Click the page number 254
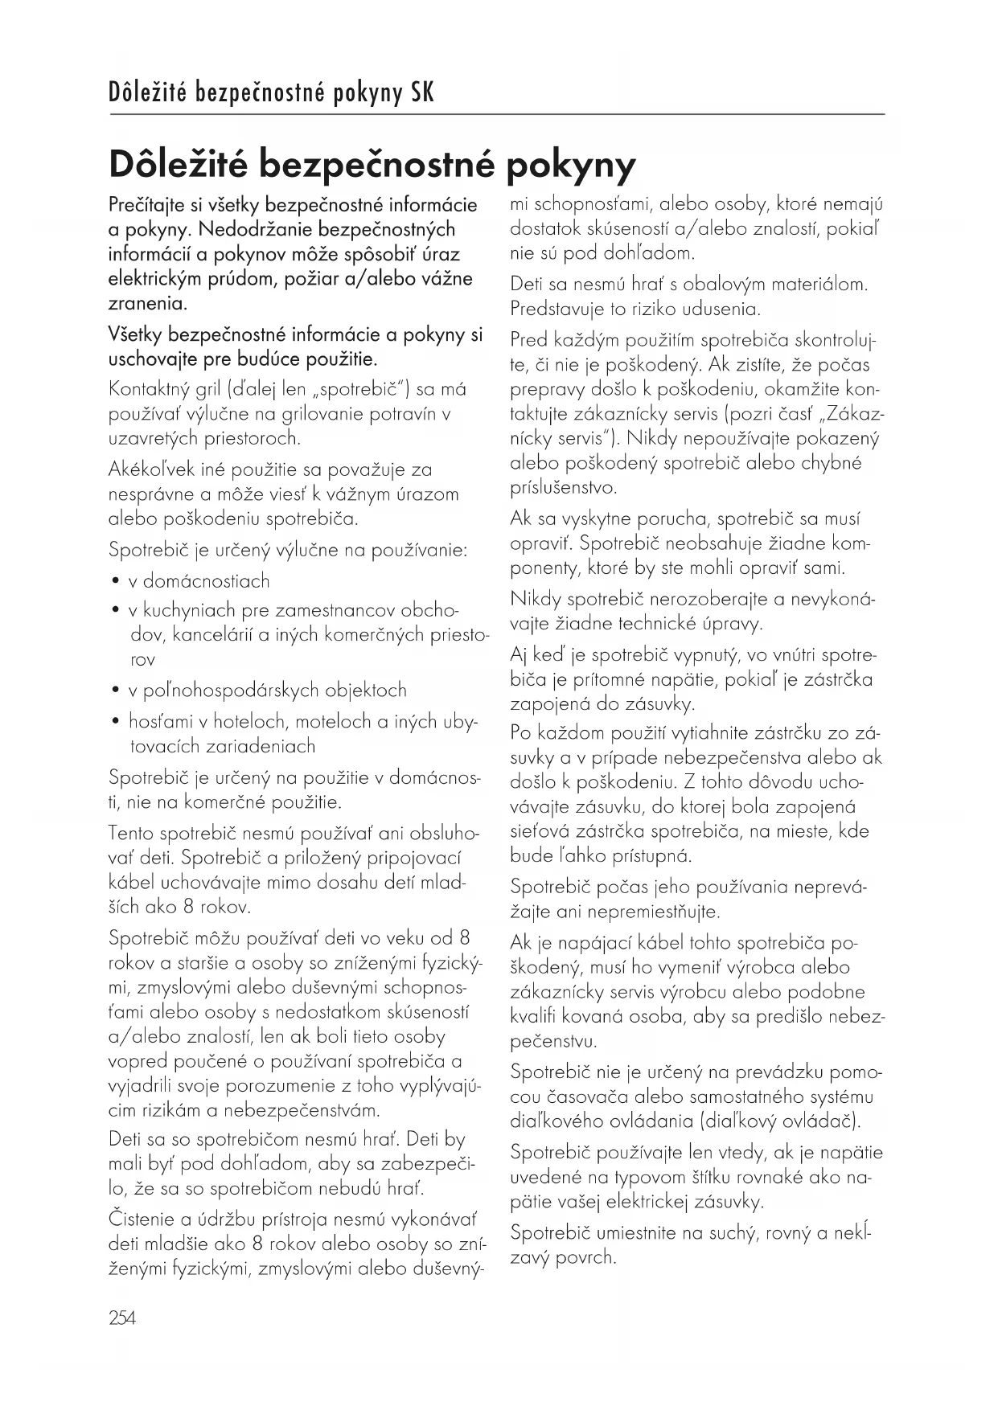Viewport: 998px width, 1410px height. pos(122,1318)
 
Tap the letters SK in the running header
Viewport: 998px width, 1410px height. pos(422,93)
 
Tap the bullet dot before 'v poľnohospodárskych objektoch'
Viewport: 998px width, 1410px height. pos(116,691)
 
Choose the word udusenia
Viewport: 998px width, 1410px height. pos(720,309)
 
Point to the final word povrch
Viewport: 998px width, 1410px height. pos(586,1257)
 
